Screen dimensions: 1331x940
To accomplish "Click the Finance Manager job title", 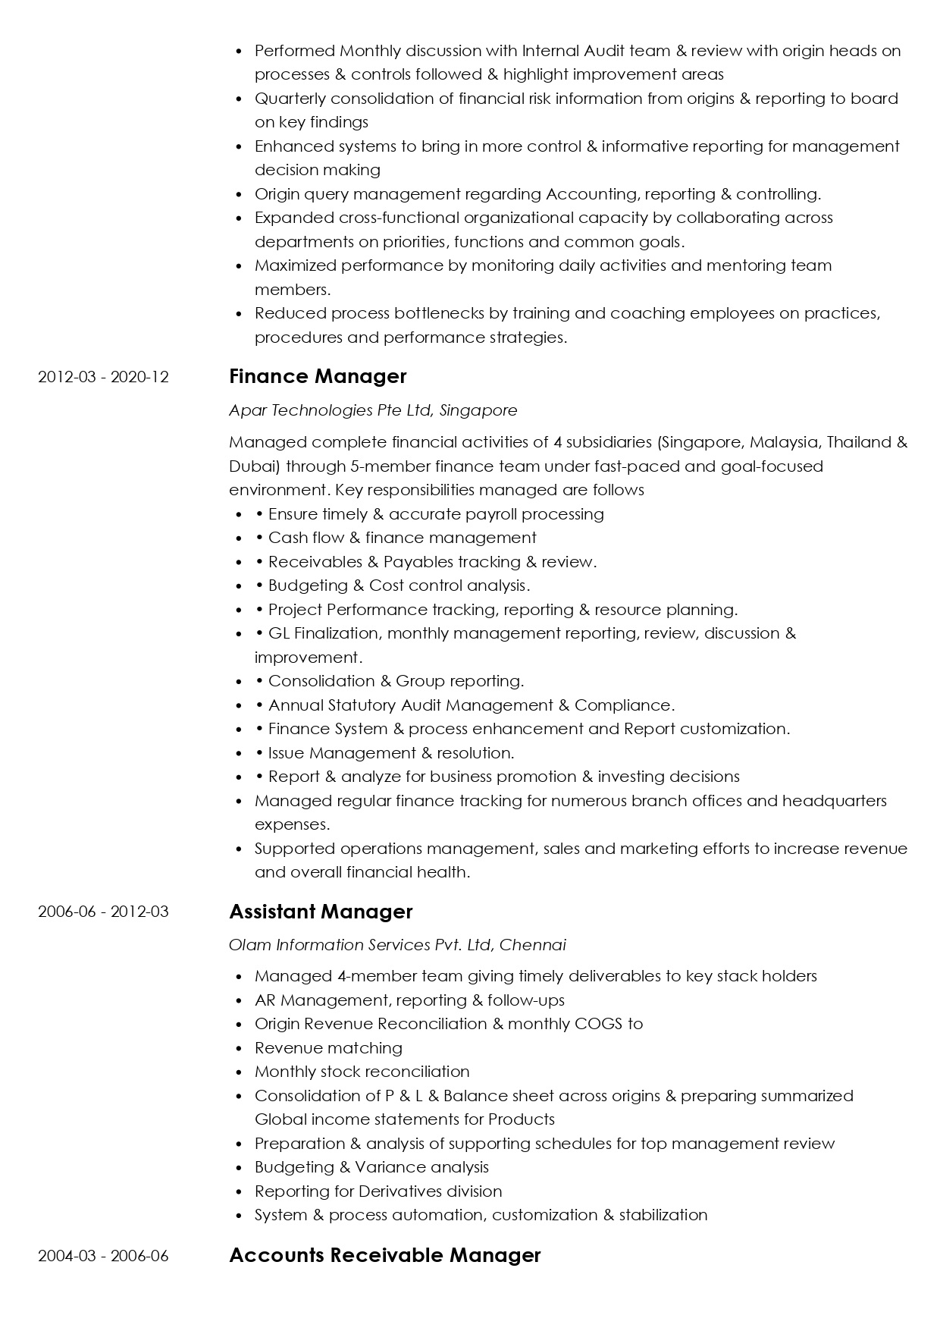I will [318, 377].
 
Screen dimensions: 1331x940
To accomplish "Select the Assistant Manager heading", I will [321, 912].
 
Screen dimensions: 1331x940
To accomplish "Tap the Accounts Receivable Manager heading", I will [384, 1255].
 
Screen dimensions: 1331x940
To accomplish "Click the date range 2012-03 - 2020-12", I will [103, 377].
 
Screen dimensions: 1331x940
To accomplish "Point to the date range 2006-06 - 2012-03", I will [103, 912].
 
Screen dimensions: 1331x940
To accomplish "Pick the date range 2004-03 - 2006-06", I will [103, 1256].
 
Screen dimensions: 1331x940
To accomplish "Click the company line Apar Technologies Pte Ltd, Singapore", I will [373, 410].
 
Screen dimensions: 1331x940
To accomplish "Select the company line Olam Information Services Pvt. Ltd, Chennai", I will [397, 945].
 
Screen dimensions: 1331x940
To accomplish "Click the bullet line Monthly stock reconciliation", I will [362, 1072].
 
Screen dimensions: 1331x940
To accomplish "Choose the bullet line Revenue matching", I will [328, 1048].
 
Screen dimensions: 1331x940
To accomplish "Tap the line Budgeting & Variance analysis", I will [371, 1167].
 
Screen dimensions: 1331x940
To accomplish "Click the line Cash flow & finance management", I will [402, 538].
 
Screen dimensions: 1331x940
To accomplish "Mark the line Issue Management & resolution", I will [391, 753].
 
